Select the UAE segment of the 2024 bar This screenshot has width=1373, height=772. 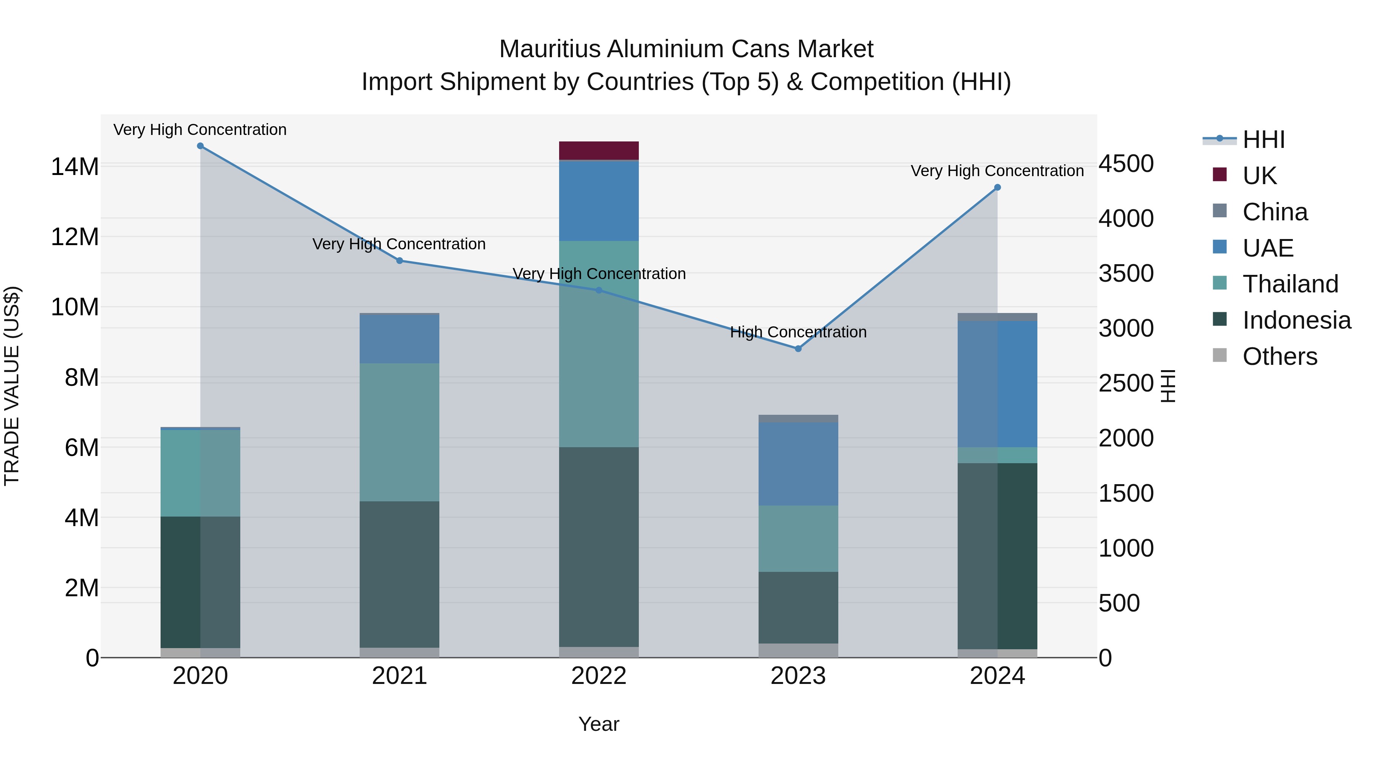(x=997, y=384)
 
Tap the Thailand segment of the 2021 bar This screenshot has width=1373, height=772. (x=399, y=432)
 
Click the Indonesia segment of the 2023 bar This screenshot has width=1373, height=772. (x=798, y=607)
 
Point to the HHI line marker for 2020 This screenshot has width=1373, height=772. (x=200, y=146)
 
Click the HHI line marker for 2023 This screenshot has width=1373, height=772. (x=798, y=349)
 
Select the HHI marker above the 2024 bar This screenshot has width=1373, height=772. (x=997, y=188)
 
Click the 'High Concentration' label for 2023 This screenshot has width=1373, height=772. (x=798, y=332)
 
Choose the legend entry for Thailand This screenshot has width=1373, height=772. (x=1290, y=284)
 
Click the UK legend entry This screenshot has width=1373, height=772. (x=1259, y=175)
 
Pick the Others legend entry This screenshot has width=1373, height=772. (x=1279, y=356)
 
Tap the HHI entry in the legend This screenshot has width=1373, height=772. (x=1263, y=140)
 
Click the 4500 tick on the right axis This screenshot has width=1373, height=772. (x=1126, y=164)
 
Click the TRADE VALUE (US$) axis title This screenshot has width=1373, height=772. (x=12, y=386)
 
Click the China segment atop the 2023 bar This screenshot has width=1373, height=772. (x=798, y=419)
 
